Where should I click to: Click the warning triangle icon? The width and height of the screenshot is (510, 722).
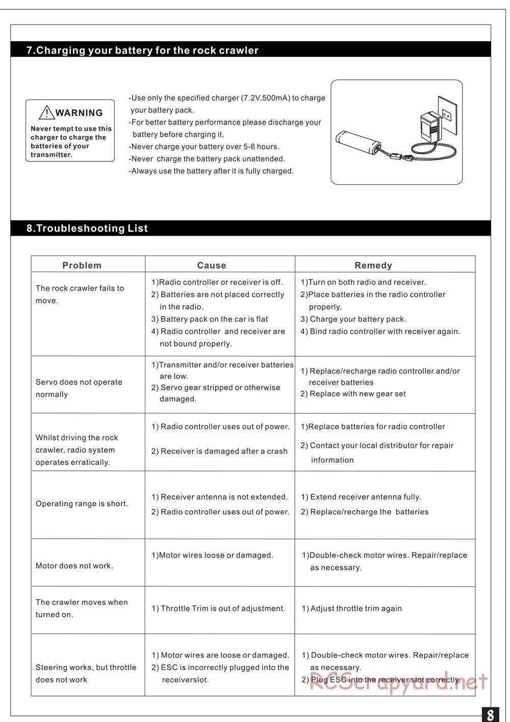click(x=46, y=112)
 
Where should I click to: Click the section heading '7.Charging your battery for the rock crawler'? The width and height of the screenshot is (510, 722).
click(x=142, y=50)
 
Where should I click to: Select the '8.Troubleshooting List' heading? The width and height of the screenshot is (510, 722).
click(x=87, y=228)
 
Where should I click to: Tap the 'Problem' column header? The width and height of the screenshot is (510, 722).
click(x=82, y=265)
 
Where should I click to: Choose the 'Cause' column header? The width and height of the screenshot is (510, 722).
click(x=212, y=265)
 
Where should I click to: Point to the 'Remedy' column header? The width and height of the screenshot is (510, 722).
click(x=373, y=265)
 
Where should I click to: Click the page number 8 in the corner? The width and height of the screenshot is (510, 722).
click(x=490, y=713)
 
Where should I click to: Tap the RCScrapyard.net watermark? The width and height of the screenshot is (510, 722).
click(x=399, y=682)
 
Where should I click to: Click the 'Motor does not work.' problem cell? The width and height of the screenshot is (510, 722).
click(x=74, y=566)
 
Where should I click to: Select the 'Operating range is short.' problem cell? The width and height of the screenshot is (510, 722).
click(x=82, y=503)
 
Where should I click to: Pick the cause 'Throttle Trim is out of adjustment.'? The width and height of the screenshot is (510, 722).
click(x=218, y=609)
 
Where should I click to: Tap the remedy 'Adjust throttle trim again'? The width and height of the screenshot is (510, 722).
click(x=352, y=609)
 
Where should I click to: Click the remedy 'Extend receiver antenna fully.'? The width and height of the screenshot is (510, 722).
click(x=361, y=497)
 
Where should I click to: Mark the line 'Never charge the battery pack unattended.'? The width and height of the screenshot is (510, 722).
click(x=207, y=159)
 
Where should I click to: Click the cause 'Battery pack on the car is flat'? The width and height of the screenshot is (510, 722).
click(x=210, y=319)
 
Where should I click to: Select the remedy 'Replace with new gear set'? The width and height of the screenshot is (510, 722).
click(x=353, y=394)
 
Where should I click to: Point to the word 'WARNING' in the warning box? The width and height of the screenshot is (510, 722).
click(x=79, y=113)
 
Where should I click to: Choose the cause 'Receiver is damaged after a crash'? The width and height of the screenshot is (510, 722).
click(x=219, y=451)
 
